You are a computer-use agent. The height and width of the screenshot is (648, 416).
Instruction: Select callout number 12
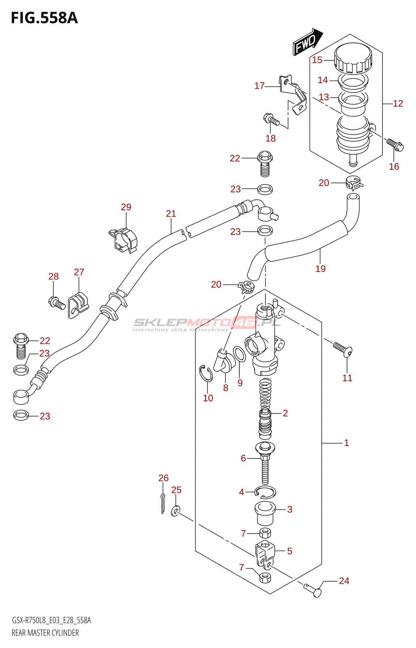(x=398, y=103)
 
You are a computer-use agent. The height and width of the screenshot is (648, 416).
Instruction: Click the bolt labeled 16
(x=395, y=145)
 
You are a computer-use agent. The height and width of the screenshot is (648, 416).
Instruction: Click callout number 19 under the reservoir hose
(x=320, y=269)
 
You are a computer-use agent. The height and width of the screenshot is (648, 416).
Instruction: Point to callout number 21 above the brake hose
(x=171, y=213)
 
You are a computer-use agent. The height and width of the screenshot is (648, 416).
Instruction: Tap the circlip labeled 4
(x=265, y=492)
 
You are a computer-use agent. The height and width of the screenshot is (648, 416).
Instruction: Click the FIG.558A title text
(x=45, y=18)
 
